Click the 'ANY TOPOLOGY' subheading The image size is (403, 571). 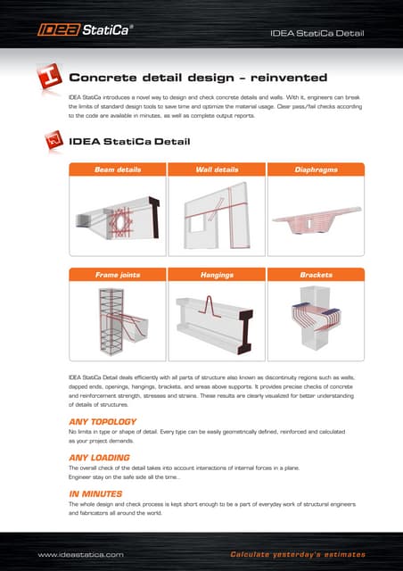(x=103, y=421)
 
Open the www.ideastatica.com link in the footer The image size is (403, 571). (x=80, y=554)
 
